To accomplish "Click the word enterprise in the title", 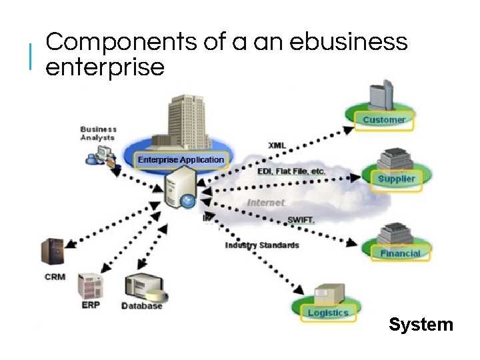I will [105, 67].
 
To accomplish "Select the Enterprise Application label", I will [181, 160].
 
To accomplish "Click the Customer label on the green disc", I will [384, 120].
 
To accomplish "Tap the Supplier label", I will [396, 179].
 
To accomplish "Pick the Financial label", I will [400, 253].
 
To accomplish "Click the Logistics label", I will [328, 313].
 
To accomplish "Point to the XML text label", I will [277, 145].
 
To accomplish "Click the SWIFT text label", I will [301, 219].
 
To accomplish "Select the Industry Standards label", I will [262, 245].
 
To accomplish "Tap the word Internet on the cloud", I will [265, 202].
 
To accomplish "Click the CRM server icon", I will [53, 253].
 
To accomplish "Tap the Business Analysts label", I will [99, 133].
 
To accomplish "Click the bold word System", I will [421, 325].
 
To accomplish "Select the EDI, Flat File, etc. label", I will [291, 171].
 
